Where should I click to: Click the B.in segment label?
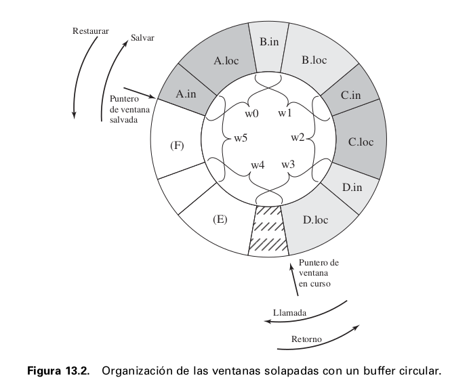269,42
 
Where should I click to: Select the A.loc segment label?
226,60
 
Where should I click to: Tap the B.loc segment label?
314,60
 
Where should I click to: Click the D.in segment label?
353,187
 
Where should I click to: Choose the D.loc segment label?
316,220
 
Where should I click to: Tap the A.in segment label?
186,95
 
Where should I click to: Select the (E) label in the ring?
219,220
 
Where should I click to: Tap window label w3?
287,164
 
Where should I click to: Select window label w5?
241,138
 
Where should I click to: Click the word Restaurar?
91,31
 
